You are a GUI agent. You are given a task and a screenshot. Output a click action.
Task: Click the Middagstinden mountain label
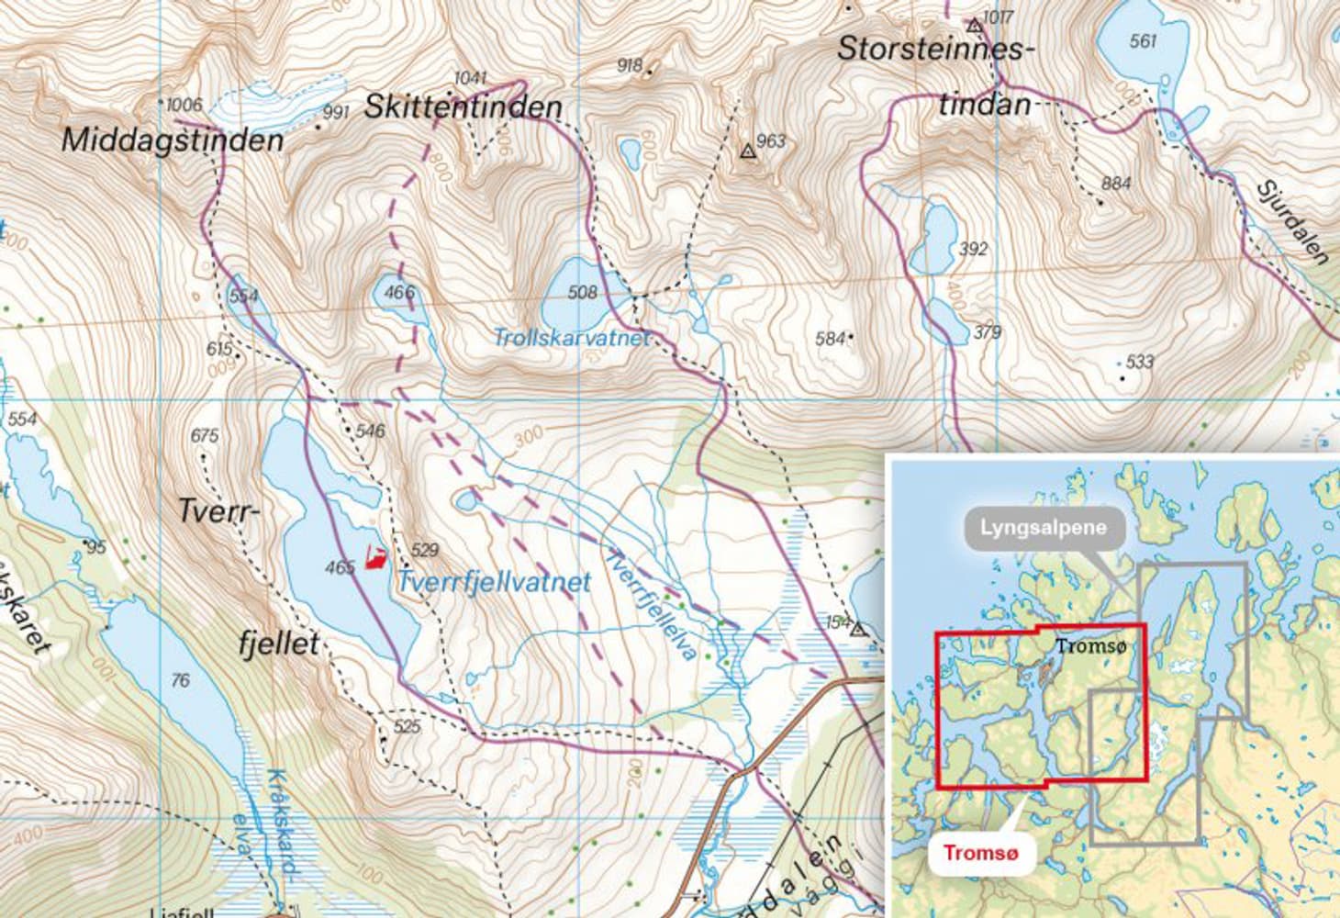pos(173,140)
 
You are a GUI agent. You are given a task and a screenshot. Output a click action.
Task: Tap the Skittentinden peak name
pos(463,106)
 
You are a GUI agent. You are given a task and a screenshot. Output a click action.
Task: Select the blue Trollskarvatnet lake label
pos(571,338)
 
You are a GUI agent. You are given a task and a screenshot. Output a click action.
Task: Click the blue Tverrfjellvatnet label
pos(494,582)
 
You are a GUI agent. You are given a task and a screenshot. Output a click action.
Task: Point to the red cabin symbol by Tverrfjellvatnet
pos(374,557)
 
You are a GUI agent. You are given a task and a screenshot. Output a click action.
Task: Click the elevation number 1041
pos(470,77)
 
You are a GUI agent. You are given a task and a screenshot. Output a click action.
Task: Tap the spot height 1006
pos(184,105)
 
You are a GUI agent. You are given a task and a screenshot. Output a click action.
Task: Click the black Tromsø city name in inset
pos(1089,646)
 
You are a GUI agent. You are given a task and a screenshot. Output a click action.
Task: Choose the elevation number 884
pos(1115,184)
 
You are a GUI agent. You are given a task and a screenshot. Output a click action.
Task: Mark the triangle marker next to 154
pos(858,630)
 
